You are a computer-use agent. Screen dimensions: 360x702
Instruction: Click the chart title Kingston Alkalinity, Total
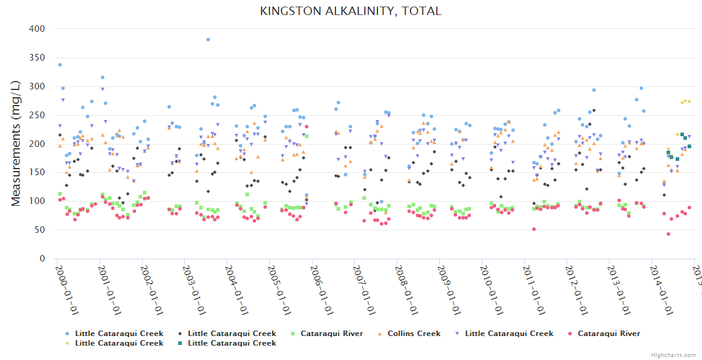point(350,11)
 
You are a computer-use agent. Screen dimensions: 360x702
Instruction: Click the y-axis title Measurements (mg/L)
point(16,143)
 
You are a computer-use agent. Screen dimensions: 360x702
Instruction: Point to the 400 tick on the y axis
point(37,29)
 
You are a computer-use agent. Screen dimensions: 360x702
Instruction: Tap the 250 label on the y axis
point(37,115)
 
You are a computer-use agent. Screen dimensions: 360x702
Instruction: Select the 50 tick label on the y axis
point(40,230)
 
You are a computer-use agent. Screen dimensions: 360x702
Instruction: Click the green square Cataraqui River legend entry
point(331,334)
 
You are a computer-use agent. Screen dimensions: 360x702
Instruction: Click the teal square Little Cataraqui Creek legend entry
point(232,343)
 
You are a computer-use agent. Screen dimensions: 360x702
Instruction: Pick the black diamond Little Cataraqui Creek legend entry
point(232,334)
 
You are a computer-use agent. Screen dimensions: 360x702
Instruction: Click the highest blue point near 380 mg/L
point(208,40)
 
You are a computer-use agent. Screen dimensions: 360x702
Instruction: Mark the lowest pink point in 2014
point(668,234)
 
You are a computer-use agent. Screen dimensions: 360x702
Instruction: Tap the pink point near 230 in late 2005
point(307,127)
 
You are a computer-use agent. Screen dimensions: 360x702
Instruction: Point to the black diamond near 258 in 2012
point(594,110)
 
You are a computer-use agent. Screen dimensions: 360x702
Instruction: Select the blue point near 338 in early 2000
point(59,65)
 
